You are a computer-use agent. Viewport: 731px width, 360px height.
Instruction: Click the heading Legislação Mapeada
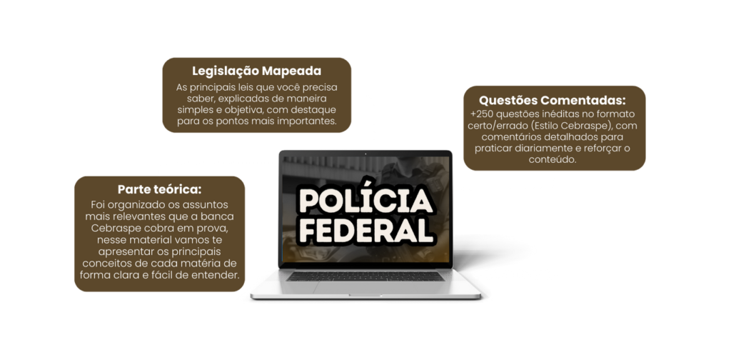coord(256,71)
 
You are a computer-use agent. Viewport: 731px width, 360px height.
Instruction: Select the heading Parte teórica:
coord(159,190)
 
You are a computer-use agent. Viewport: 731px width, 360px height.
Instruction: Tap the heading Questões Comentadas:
coord(552,100)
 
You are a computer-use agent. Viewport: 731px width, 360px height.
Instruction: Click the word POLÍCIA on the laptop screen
coord(365,201)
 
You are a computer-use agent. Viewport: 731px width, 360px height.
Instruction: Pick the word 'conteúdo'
coord(553,160)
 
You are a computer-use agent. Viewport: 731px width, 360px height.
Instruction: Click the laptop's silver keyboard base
coord(365,286)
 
